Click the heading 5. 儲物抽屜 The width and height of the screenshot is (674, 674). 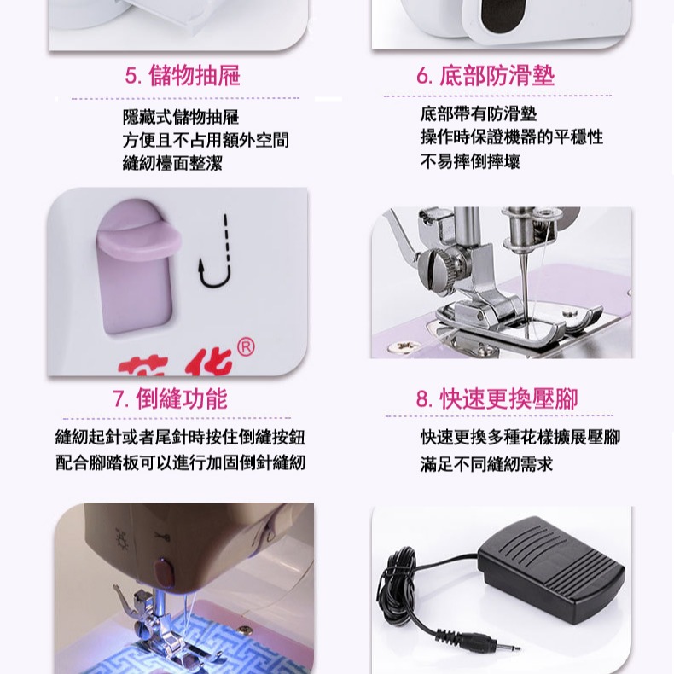(x=183, y=76)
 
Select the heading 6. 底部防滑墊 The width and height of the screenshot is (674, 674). (x=485, y=76)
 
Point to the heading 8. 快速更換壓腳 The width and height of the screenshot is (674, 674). (x=497, y=398)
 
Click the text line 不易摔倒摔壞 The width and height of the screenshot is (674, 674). (x=470, y=161)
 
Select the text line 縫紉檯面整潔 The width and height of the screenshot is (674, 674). (x=172, y=163)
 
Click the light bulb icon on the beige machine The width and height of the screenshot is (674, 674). (x=120, y=541)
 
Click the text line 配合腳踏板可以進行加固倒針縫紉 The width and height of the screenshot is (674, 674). (x=180, y=463)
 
